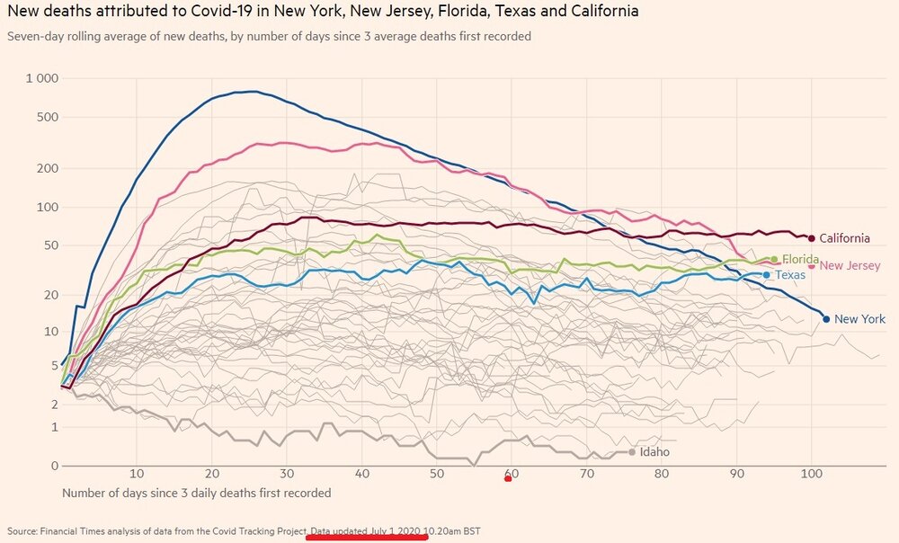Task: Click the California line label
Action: [x=844, y=238]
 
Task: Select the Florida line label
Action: [x=800, y=259]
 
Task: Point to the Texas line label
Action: [x=790, y=274]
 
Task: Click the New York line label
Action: [x=859, y=319]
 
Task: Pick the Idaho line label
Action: [x=654, y=452]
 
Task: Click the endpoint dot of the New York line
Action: [x=826, y=318]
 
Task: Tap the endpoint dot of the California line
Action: [x=812, y=238]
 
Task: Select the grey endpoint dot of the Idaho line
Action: [x=632, y=452]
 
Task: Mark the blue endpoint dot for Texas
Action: [x=766, y=274]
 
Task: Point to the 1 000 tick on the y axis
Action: [x=41, y=79]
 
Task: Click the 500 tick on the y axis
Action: [x=47, y=117]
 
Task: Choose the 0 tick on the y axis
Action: [x=54, y=466]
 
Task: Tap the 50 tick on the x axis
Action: [x=436, y=474]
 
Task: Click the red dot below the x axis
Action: [x=508, y=478]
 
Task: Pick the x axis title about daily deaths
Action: [x=196, y=493]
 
